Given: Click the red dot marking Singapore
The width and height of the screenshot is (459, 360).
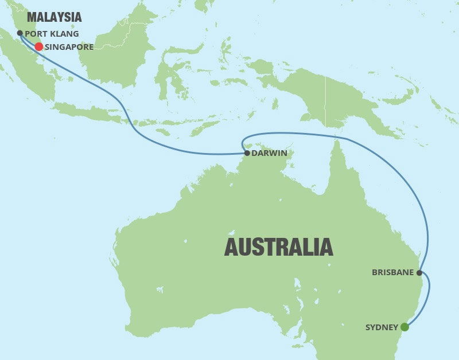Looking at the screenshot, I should pos(39,47).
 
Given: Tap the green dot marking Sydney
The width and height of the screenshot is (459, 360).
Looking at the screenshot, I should pos(404,327).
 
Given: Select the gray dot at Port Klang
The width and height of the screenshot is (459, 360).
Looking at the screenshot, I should pos(20,33).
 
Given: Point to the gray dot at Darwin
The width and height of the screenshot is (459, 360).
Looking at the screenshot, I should pos(247,153).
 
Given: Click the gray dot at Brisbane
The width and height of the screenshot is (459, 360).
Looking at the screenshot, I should pos(419,273).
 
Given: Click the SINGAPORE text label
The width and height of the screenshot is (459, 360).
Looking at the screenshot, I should pos(69,47).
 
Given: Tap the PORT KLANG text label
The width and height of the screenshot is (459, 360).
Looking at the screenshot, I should pos(52,34).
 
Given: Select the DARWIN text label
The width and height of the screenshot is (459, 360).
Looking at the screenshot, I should pos(269,154).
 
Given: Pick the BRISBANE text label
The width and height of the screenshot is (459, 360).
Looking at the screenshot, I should pos(393,273).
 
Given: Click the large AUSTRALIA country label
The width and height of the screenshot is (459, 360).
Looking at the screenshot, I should pos(278,246).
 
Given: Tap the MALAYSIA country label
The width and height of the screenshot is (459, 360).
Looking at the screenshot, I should pos(55,17).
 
